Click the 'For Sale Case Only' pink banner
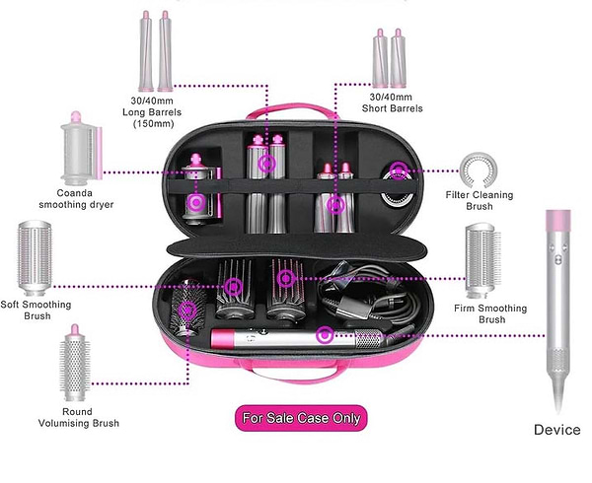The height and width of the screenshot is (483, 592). point(301,418)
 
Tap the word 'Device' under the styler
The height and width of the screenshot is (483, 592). point(556,430)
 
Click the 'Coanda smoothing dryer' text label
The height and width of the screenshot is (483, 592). point(76,198)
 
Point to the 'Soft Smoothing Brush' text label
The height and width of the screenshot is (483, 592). point(37,310)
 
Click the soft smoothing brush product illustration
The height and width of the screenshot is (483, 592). point(37,259)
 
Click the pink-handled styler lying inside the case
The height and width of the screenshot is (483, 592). point(296,342)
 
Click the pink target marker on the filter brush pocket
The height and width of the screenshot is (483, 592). point(398,172)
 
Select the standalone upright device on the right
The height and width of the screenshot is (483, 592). point(557,315)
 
